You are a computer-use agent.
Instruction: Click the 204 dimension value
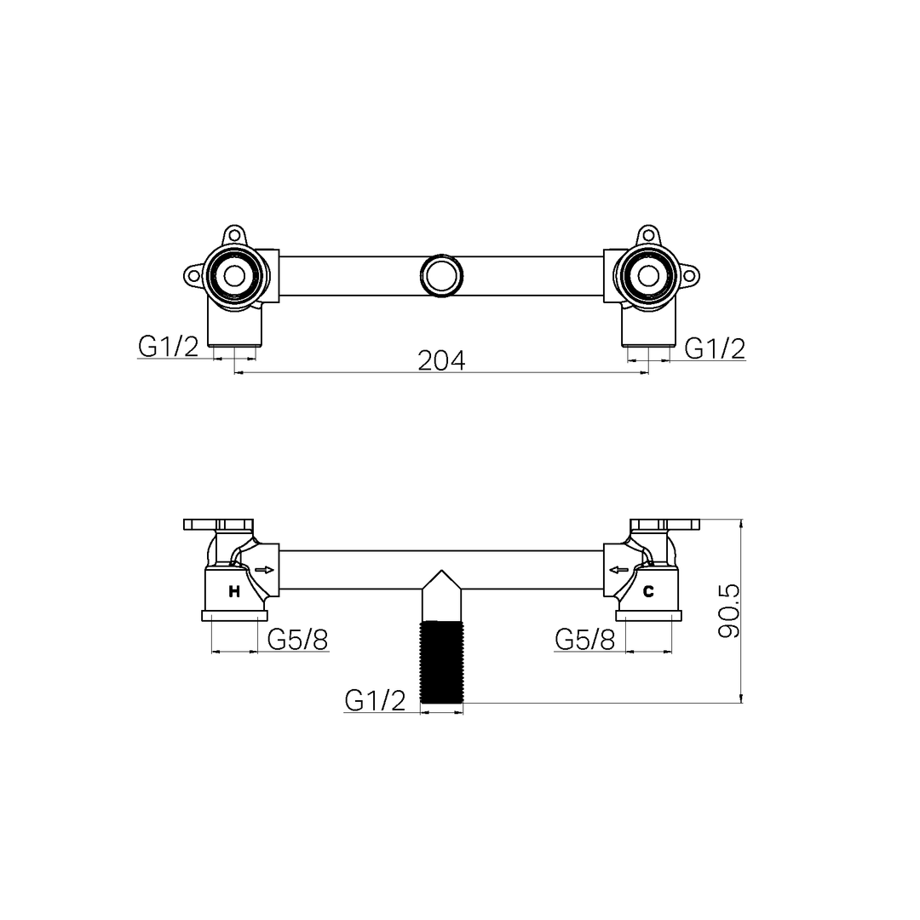pyautogui.click(x=441, y=360)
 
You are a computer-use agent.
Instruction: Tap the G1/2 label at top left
pyautogui.click(x=168, y=347)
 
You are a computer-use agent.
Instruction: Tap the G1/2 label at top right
pyautogui.click(x=715, y=348)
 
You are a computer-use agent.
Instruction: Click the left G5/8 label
pyautogui.click(x=297, y=639)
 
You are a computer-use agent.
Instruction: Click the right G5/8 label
pyautogui.click(x=584, y=639)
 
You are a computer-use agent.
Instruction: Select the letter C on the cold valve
pyautogui.click(x=648, y=591)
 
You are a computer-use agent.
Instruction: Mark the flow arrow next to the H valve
pyautogui.click(x=264, y=570)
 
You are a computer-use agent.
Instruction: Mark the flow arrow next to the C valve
pyautogui.click(x=618, y=570)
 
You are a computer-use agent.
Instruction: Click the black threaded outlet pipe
pyautogui.click(x=442, y=662)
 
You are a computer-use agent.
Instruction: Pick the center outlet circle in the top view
pyautogui.click(x=441, y=275)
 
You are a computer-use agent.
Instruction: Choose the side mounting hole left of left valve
pyautogui.click(x=194, y=275)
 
